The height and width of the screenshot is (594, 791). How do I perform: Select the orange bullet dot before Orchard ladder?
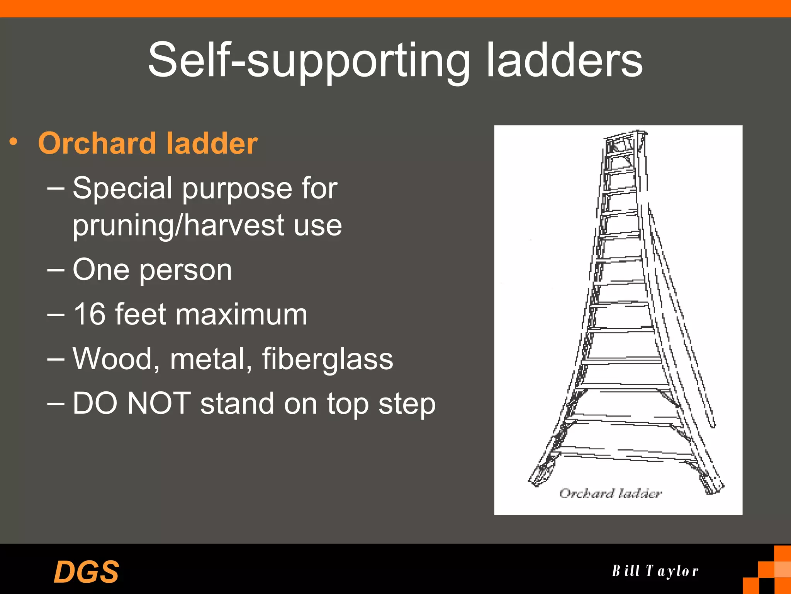coord(14,142)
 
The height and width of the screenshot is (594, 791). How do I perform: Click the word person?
coord(185,270)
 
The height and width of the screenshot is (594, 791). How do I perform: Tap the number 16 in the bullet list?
coord(89,314)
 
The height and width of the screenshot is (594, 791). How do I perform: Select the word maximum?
coord(241,314)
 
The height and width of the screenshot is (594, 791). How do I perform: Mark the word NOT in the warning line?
coord(159,404)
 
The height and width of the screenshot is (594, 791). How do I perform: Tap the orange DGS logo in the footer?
coord(86,572)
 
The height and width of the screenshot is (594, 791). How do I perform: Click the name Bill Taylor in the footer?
coord(655,571)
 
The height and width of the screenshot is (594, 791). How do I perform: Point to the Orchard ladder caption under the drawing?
coord(610,493)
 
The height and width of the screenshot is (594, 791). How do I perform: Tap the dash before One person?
coord(56,270)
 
